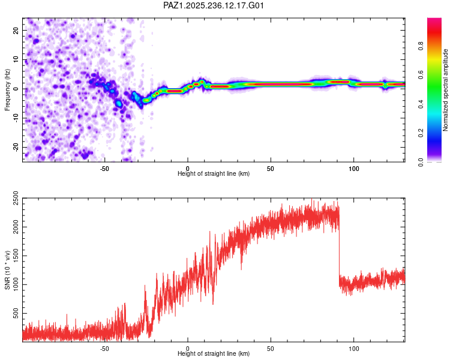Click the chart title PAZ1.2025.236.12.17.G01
[x=213, y=5]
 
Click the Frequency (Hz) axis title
[x=7, y=90]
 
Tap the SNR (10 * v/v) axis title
[x=7, y=270]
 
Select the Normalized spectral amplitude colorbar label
[x=445, y=90]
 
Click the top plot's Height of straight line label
[x=214, y=173]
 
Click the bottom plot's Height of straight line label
[x=214, y=353]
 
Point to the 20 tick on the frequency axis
[x=16, y=31]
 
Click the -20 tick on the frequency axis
[x=16, y=147]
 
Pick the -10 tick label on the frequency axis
[x=16, y=118]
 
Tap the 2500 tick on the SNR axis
[x=16, y=198]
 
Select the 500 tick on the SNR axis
[x=16, y=313]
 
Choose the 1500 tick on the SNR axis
[x=16, y=256]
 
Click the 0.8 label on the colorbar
[x=421, y=46]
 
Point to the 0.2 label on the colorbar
[x=421, y=133]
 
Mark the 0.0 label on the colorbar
[x=421, y=162]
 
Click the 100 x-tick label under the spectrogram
[x=354, y=169]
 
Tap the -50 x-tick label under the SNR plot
[x=104, y=349]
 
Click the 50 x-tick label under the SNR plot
[x=271, y=349]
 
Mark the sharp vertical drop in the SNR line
[x=339, y=247]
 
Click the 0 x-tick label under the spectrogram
[x=188, y=169]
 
